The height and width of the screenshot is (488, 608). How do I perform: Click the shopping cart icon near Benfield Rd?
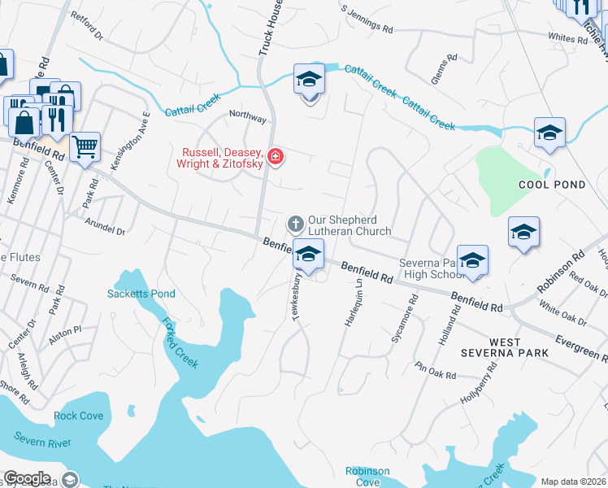[x=85, y=148]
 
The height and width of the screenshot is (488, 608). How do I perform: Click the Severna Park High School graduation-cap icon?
[x=472, y=261]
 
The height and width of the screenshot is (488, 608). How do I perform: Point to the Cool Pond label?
[x=552, y=185]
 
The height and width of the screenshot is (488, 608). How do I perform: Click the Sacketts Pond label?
[x=141, y=294]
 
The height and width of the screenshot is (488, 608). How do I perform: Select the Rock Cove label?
[x=79, y=416]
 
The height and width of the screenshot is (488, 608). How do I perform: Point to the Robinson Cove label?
[x=367, y=476]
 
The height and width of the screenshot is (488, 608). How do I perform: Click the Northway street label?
[x=248, y=118]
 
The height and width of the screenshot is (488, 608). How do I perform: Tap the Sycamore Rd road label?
[x=404, y=319]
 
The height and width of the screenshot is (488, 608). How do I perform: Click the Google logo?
[x=28, y=478]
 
